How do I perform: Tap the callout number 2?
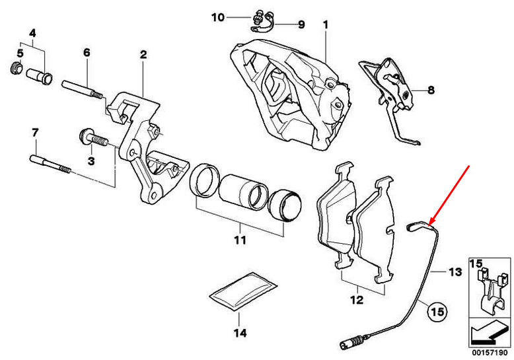click(x=143, y=54)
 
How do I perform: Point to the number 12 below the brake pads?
click(x=357, y=301)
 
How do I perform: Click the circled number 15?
click(x=436, y=309)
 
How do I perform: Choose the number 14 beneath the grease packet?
click(x=242, y=333)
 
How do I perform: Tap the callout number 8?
click(x=431, y=91)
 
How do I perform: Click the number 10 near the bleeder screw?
click(x=218, y=17)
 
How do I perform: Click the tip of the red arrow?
click(x=429, y=223)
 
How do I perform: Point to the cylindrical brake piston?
click(x=242, y=192)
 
